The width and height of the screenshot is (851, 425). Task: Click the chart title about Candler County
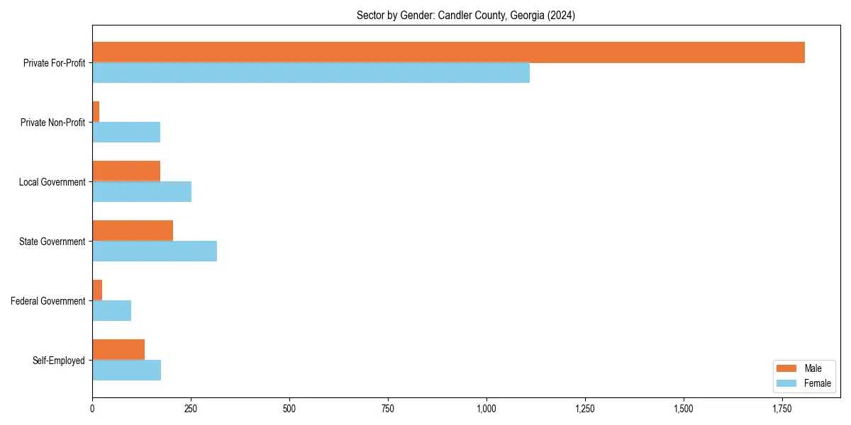click(465, 16)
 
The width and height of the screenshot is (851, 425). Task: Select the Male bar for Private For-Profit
click(448, 52)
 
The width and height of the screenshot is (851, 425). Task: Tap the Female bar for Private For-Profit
click(311, 73)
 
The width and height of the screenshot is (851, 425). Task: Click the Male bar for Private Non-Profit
click(96, 112)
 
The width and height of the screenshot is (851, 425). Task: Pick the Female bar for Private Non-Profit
click(126, 132)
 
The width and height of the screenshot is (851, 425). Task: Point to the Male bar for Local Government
click(126, 171)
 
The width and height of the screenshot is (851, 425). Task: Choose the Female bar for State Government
click(155, 251)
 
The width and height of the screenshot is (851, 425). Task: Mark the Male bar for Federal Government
click(97, 290)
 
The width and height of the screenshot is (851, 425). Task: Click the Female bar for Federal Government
click(111, 311)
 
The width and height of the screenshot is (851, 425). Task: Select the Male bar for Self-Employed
click(118, 350)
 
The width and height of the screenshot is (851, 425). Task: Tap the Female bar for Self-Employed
click(126, 370)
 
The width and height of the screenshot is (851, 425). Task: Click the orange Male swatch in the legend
click(787, 368)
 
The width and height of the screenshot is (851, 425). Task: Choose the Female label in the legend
click(817, 383)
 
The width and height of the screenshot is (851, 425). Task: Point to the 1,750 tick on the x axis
click(782, 409)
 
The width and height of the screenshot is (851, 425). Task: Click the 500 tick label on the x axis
click(289, 409)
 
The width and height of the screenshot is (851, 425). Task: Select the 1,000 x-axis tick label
click(486, 409)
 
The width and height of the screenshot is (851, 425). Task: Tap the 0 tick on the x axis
click(92, 409)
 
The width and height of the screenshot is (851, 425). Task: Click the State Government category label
click(52, 242)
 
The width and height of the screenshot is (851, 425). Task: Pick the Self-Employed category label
click(59, 361)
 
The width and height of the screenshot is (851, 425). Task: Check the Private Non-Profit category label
click(52, 123)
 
